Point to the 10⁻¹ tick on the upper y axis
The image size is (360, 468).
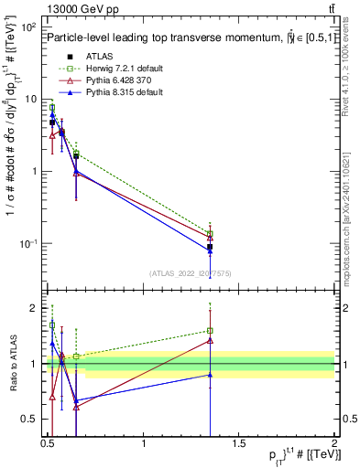click(30, 243)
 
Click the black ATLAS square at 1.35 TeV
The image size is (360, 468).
click(211, 247)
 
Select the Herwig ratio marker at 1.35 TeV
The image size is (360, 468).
click(211, 331)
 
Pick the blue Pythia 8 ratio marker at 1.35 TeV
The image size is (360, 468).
click(211, 375)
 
